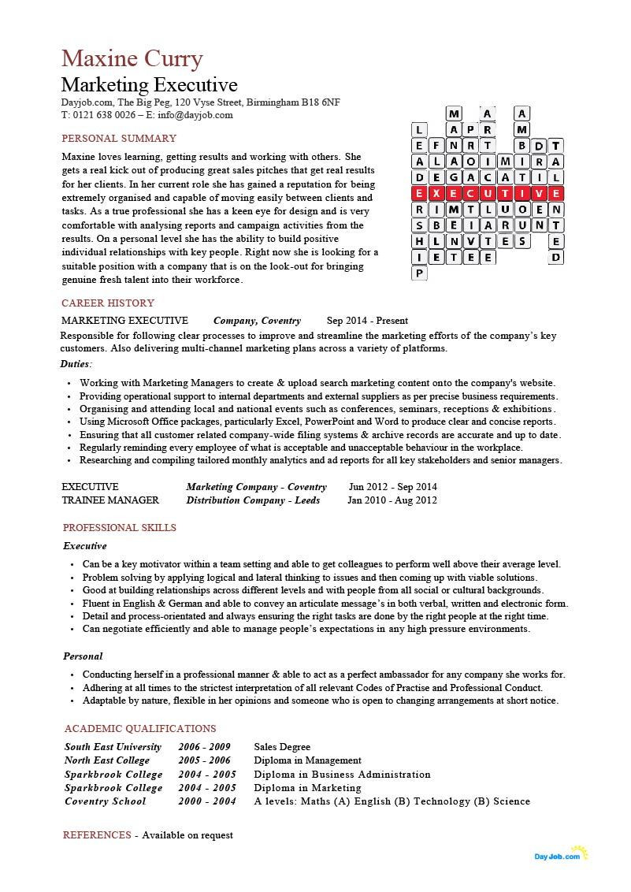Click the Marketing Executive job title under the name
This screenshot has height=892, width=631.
click(149, 85)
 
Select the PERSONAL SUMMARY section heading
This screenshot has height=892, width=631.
click(119, 139)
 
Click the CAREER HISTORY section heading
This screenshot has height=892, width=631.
click(108, 303)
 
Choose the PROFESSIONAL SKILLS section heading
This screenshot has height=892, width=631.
click(119, 528)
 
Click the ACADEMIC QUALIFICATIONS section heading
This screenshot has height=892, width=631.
click(140, 729)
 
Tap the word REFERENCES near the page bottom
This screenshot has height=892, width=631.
click(97, 835)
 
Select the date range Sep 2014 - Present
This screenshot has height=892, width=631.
click(367, 321)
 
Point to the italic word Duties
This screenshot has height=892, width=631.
click(76, 364)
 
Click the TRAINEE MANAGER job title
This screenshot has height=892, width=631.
click(110, 500)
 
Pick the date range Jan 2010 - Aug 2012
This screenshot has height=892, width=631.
click(392, 500)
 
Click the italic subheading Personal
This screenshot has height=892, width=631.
click(84, 656)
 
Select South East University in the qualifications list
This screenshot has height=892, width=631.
click(113, 747)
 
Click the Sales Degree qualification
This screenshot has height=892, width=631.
click(282, 747)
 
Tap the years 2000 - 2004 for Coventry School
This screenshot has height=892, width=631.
click(207, 801)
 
